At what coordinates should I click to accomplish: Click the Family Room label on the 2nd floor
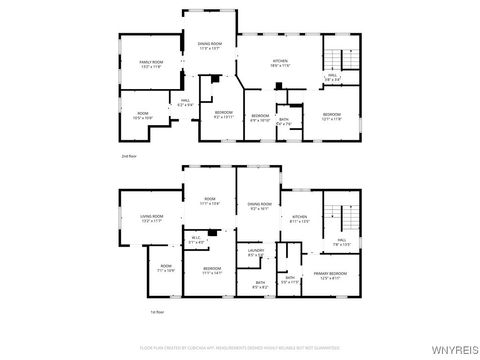point(150,64)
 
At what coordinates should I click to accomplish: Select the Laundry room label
point(256,252)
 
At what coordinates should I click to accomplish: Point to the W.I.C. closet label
point(196,239)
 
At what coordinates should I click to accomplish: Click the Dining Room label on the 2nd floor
point(209,46)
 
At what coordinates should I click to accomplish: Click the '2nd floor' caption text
point(128,157)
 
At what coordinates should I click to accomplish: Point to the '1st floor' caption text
point(128,313)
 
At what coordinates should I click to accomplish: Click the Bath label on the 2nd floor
point(284,122)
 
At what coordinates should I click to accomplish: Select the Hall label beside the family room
point(183,103)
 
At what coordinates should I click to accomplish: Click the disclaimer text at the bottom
point(240,347)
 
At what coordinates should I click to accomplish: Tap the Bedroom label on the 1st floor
point(212,269)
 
